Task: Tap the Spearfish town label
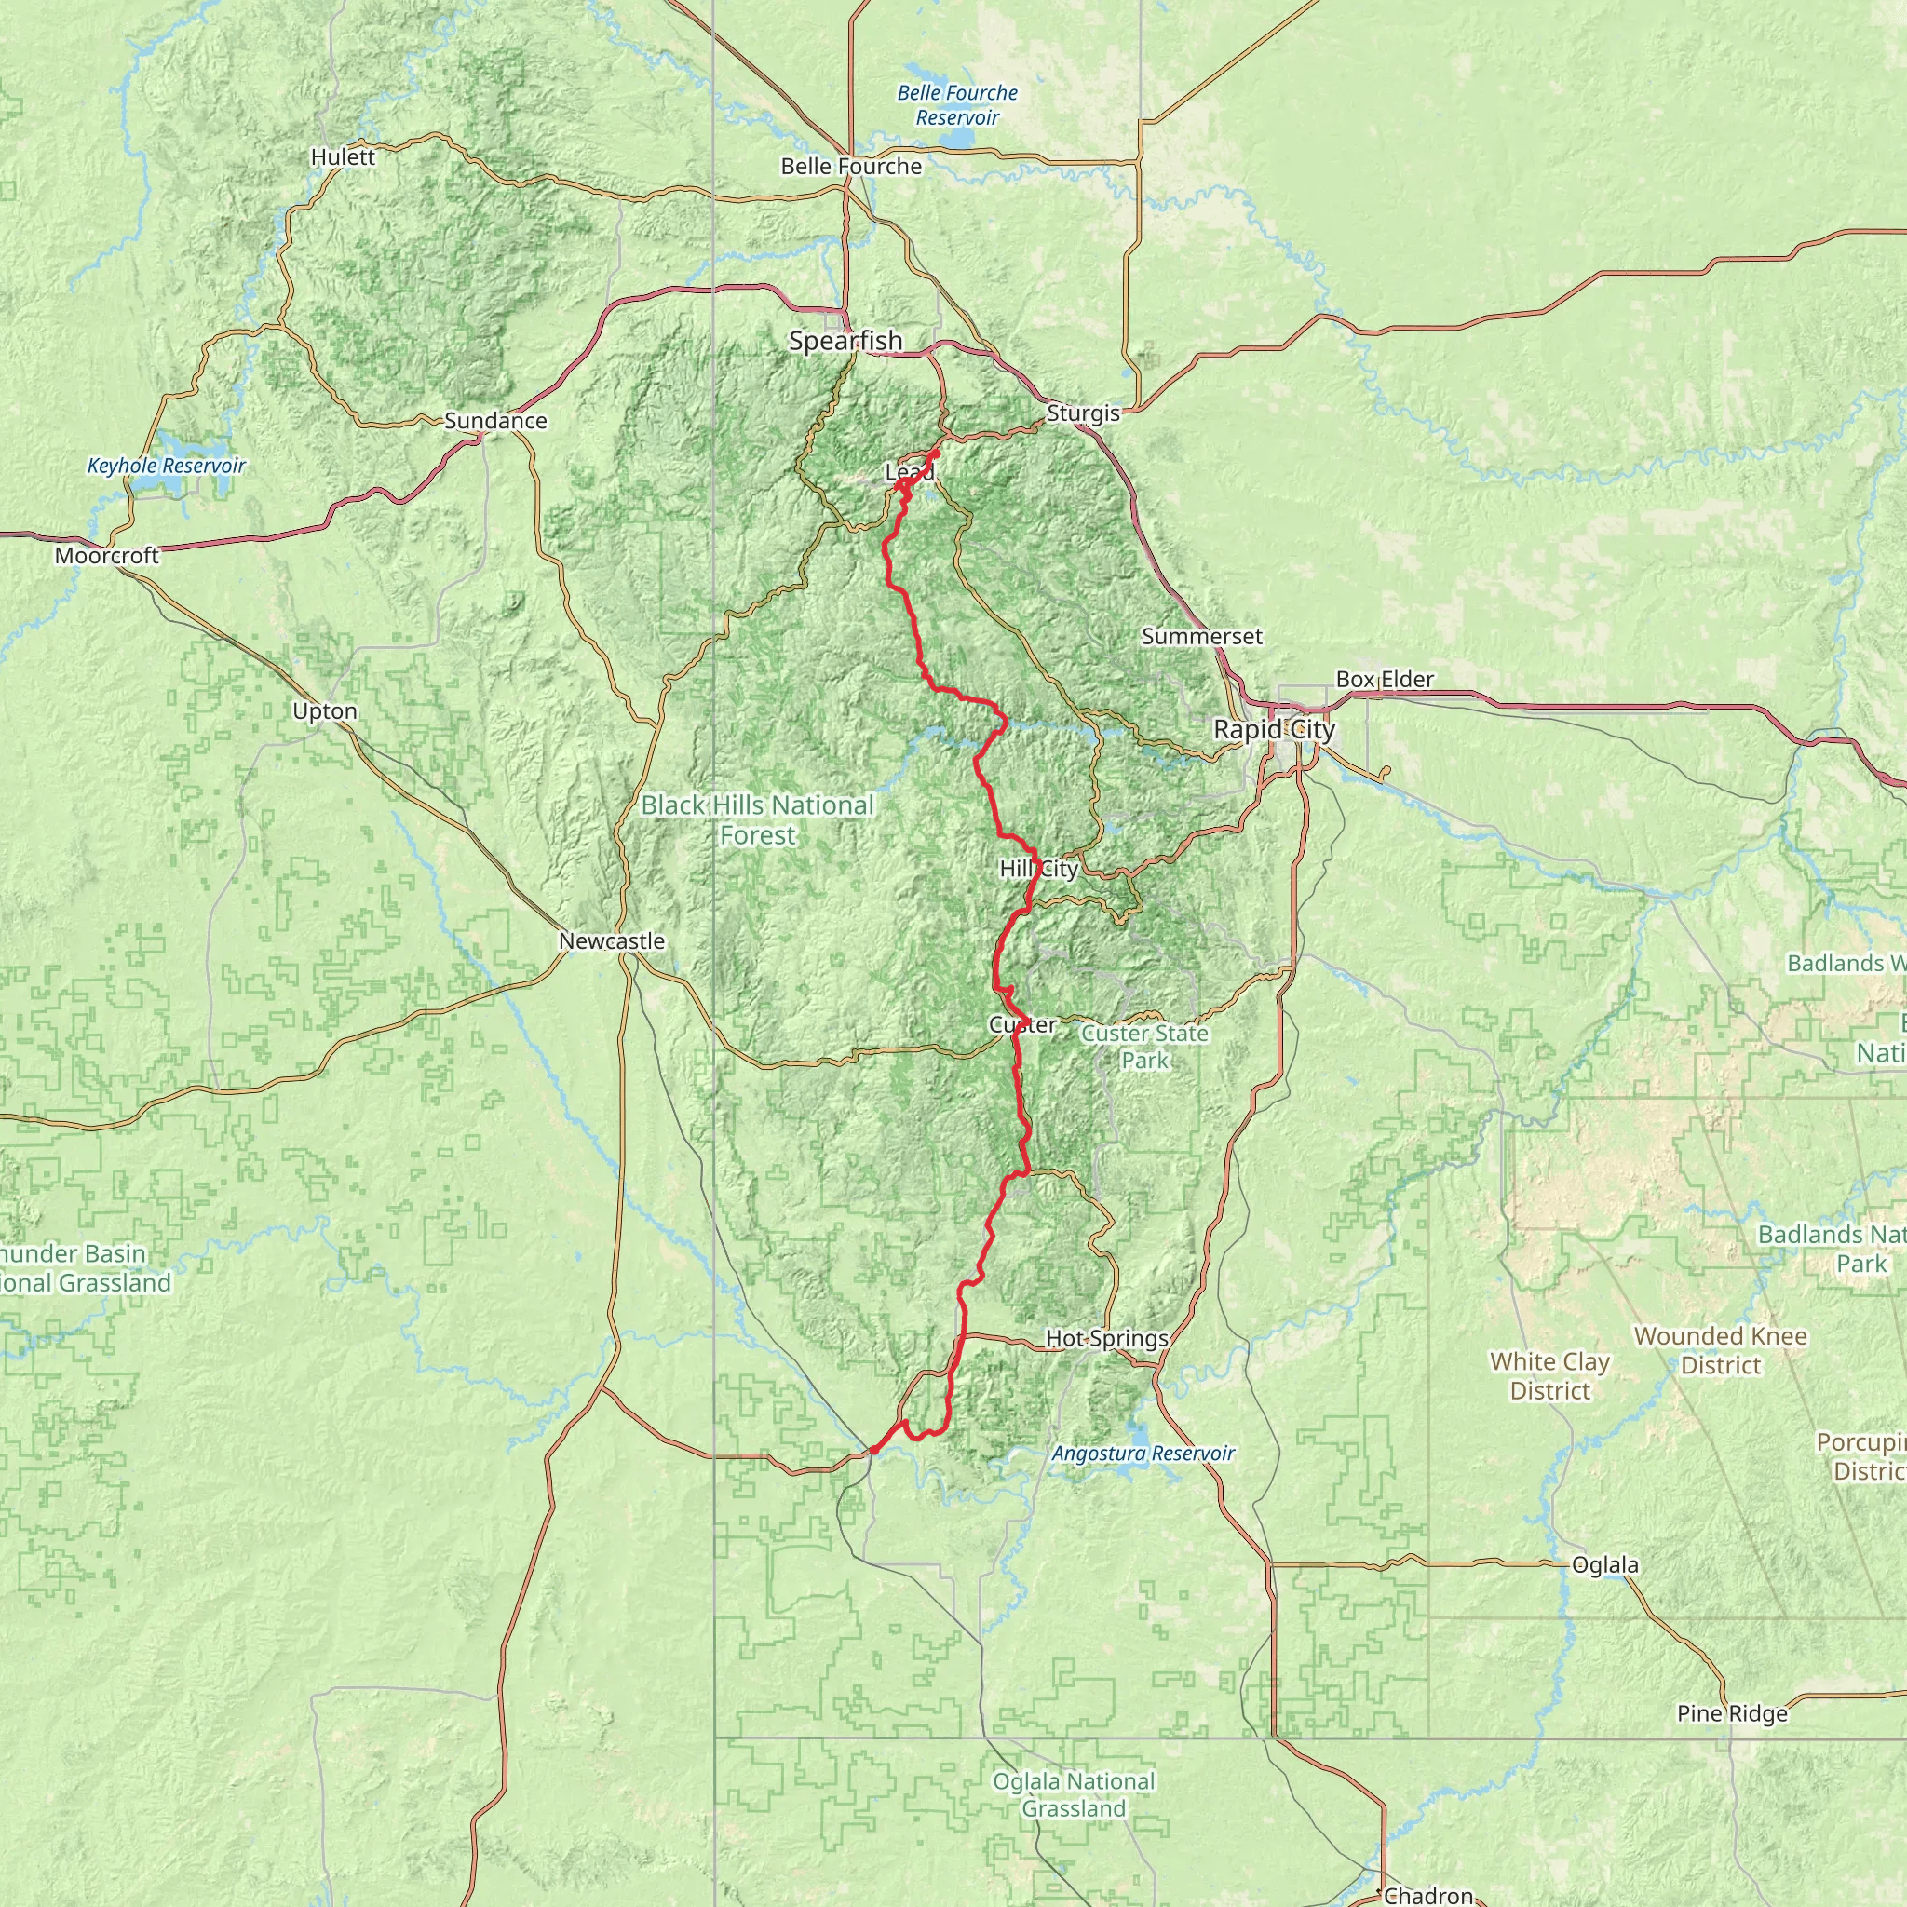(x=845, y=341)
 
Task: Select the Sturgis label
(x=1083, y=413)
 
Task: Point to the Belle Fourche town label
(x=851, y=166)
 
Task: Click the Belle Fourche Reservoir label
(x=956, y=104)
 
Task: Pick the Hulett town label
(x=343, y=157)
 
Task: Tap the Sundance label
(x=495, y=421)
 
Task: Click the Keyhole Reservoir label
(x=166, y=465)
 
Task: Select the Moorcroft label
(x=106, y=556)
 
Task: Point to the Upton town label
(x=325, y=710)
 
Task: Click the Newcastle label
(x=612, y=940)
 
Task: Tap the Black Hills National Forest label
(x=757, y=820)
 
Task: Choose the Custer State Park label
(x=1144, y=1047)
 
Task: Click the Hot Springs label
(x=1106, y=1338)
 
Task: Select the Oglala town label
(x=1605, y=1564)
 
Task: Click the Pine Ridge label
(x=1732, y=1713)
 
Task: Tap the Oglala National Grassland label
(x=1073, y=1794)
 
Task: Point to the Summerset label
(x=1201, y=637)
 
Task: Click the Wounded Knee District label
(x=1721, y=1350)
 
